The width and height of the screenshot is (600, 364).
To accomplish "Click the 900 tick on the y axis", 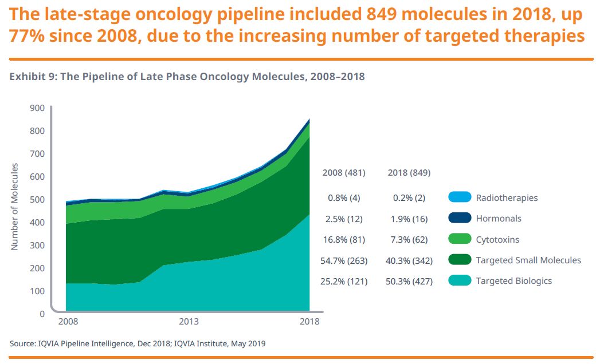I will click(37, 108).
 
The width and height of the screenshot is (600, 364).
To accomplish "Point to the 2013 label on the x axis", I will click(189, 322).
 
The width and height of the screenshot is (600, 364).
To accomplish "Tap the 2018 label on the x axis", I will click(310, 322).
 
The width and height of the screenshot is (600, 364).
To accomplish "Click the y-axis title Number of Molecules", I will click(15, 207).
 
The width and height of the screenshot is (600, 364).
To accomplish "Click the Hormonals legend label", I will click(499, 219).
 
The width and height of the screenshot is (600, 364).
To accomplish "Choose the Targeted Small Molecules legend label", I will click(528, 260).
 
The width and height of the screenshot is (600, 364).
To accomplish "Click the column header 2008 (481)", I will click(344, 173).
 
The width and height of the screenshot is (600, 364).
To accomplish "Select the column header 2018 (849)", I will click(409, 173).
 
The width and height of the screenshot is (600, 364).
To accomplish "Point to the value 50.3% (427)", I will click(409, 281).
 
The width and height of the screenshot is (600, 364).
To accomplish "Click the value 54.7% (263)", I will click(344, 260).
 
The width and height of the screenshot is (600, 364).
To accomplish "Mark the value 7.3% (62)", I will click(409, 239).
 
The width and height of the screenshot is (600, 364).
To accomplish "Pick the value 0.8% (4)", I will click(344, 198).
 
